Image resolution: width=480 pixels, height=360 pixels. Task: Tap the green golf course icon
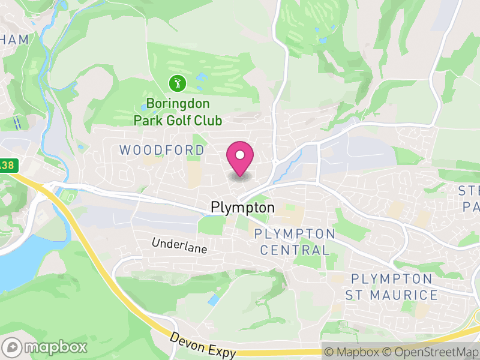click(177, 82)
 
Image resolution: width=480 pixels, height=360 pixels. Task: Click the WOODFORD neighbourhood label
click(162, 150)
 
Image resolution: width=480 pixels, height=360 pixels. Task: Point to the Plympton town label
click(242, 208)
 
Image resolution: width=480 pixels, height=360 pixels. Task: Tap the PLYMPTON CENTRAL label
click(295, 242)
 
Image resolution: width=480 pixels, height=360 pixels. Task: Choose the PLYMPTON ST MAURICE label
click(391, 287)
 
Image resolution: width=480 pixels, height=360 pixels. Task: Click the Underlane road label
click(179, 246)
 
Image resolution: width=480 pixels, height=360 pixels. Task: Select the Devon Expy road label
click(202, 346)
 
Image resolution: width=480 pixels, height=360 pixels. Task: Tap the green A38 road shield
click(6, 165)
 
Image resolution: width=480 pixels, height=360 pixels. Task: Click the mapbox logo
click(45, 347)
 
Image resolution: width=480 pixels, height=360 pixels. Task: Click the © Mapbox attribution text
click(354, 352)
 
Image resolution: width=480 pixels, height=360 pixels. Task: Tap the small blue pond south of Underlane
click(214, 299)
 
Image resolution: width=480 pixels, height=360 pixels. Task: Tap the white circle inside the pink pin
click(240, 155)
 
